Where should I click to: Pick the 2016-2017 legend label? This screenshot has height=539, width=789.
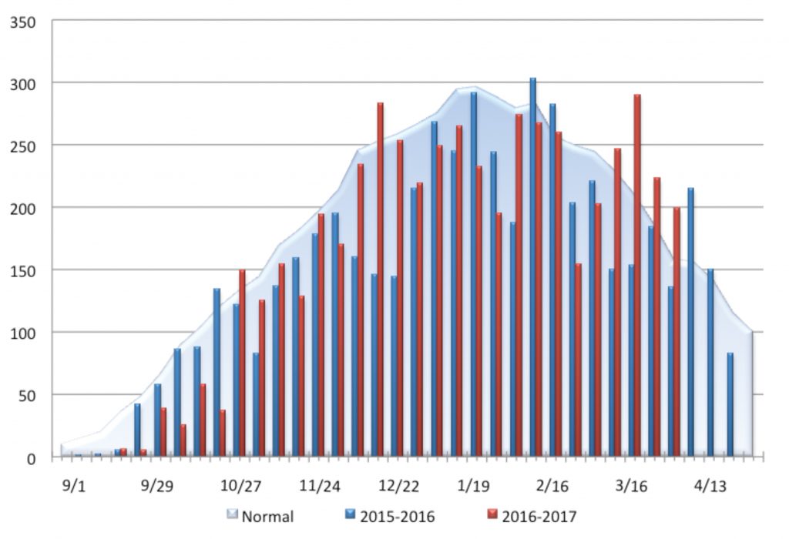click(539, 516)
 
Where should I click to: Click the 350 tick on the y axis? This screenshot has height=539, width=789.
click(23, 21)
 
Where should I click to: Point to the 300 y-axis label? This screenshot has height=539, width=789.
click(23, 83)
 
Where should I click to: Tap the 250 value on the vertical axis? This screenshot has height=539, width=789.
click(23, 146)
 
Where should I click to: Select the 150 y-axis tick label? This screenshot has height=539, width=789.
click(23, 270)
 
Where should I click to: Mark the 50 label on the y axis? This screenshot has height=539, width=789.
click(27, 395)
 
